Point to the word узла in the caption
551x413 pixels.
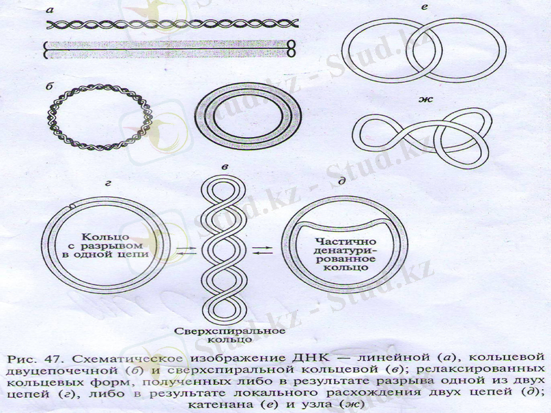coord(315,404)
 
